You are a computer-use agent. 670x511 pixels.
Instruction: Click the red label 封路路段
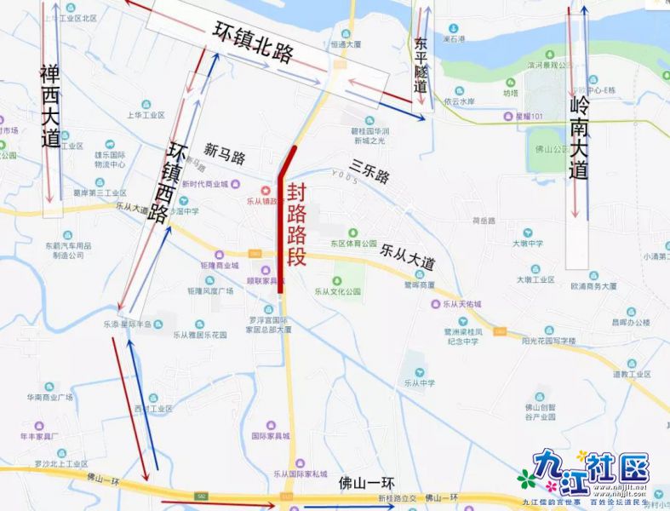tap(296, 225)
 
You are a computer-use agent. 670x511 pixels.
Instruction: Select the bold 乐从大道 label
tap(408, 253)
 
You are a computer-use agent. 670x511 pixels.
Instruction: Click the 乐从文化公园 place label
tap(338, 291)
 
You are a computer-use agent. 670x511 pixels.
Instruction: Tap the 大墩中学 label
tap(527, 244)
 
